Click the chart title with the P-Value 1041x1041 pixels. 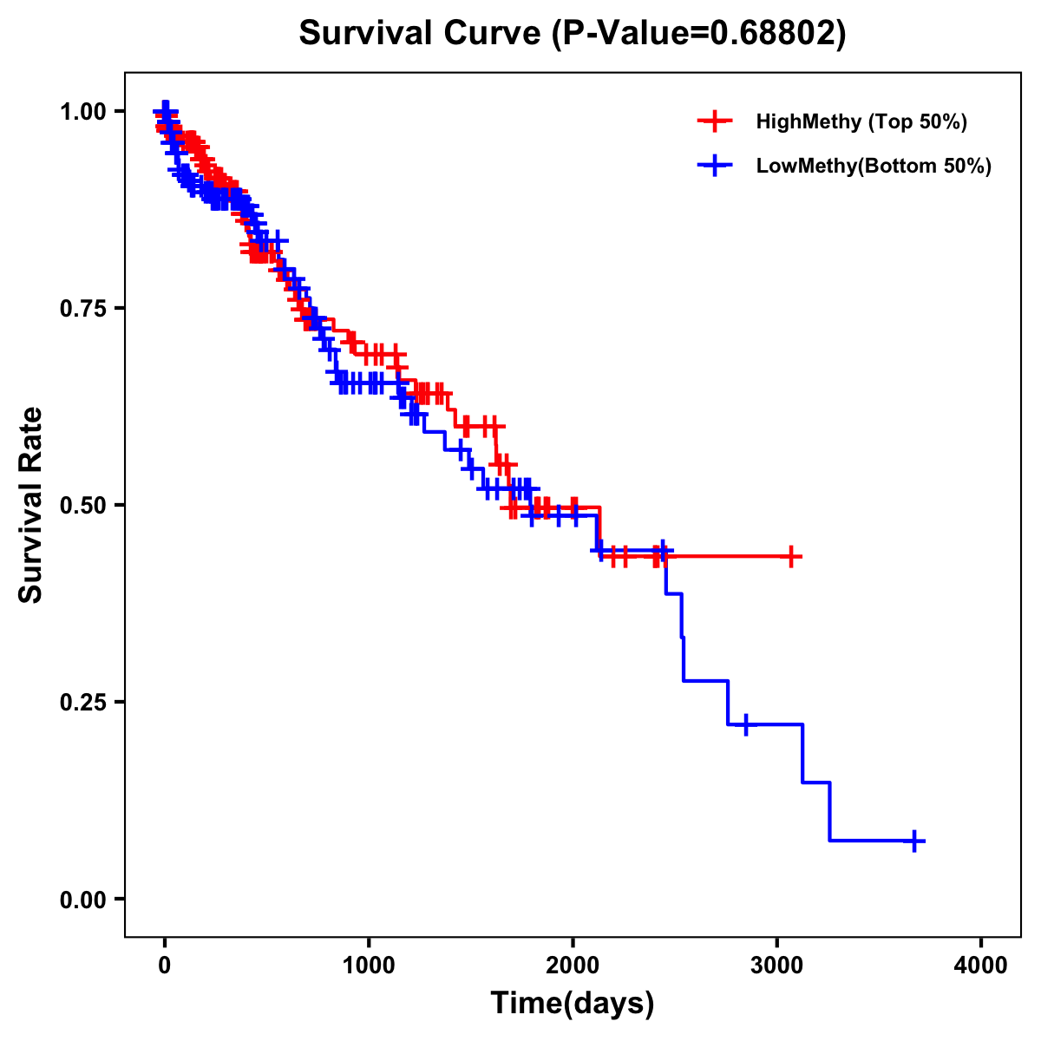point(572,33)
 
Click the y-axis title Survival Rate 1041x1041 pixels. point(31,504)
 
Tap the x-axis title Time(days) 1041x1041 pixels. point(572,1004)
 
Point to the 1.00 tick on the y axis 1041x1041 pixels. point(83,111)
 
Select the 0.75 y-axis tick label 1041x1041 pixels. point(83,308)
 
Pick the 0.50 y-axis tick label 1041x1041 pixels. point(83,505)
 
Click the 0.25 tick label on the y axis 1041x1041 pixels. point(83,702)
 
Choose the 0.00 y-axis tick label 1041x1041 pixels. point(83,899)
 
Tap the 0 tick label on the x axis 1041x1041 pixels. point(165,966)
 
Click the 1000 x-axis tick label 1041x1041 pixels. point(369,966)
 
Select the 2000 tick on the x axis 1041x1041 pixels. point(573,966)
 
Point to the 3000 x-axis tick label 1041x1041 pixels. point(777,966)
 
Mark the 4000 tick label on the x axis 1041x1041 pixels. point(981,966)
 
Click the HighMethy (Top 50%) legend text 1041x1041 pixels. point(861,121)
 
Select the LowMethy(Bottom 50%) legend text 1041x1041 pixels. point(874,166)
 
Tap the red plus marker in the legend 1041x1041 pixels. point(714,121)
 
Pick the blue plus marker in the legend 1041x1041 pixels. point(714,166)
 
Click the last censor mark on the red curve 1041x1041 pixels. point(791,556)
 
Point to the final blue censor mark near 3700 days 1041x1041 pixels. point(914,841)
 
